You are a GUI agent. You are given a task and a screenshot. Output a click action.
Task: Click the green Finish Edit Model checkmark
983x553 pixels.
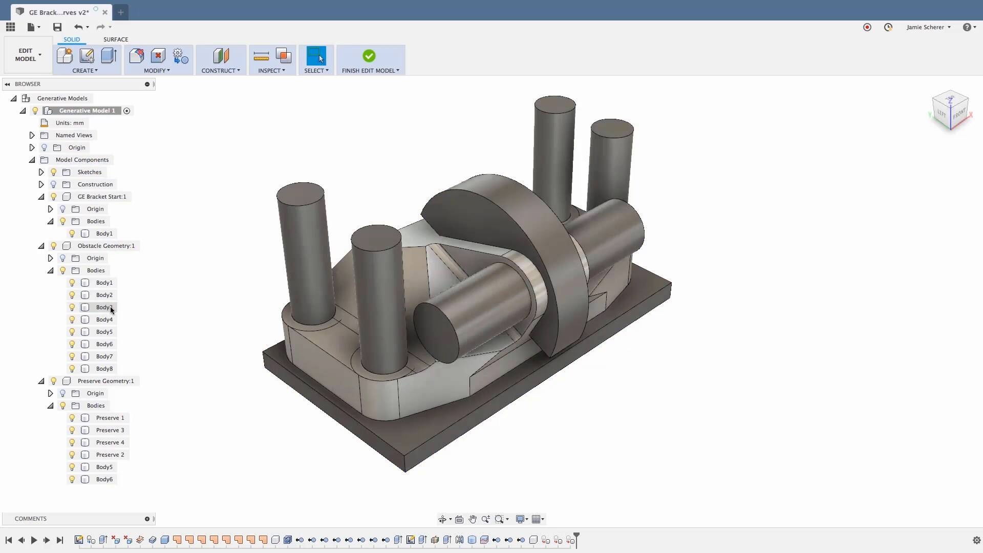(x=369, y=56)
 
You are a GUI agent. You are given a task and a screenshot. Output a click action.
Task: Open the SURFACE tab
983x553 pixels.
(x=116, y=39)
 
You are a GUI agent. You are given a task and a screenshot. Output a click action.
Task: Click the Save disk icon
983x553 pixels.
(x=57, y=27)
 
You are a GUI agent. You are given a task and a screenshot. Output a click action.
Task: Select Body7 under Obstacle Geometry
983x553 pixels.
(x=104, y=356)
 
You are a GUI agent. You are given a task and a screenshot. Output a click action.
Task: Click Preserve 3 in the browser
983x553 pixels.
(x=110, y=430)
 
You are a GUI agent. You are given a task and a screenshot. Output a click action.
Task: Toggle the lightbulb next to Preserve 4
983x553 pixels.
(x=72, y=442)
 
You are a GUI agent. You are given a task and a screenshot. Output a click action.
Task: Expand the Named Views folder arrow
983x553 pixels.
(x=32, y=135)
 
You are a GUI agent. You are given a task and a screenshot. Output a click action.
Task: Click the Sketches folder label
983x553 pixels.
(x=89, y=172)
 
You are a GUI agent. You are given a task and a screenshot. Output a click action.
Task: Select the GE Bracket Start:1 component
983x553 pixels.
(x=101, y=197)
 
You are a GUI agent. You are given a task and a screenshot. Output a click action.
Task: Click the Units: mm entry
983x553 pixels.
(x=69, y=123)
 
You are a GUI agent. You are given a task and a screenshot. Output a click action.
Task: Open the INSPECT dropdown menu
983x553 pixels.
(x=271, y=71)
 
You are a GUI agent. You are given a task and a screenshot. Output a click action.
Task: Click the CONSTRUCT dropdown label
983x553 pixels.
(x=220, y=71)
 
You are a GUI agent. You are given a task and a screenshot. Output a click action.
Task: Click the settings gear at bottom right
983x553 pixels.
(x=976, y=540)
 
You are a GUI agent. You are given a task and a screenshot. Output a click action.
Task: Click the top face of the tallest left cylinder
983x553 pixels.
(x=300, y=194)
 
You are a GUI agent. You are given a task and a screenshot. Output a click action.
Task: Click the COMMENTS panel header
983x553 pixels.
(x=31, y=519)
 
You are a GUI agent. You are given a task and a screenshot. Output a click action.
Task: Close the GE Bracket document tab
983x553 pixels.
(x=105, y=12)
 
